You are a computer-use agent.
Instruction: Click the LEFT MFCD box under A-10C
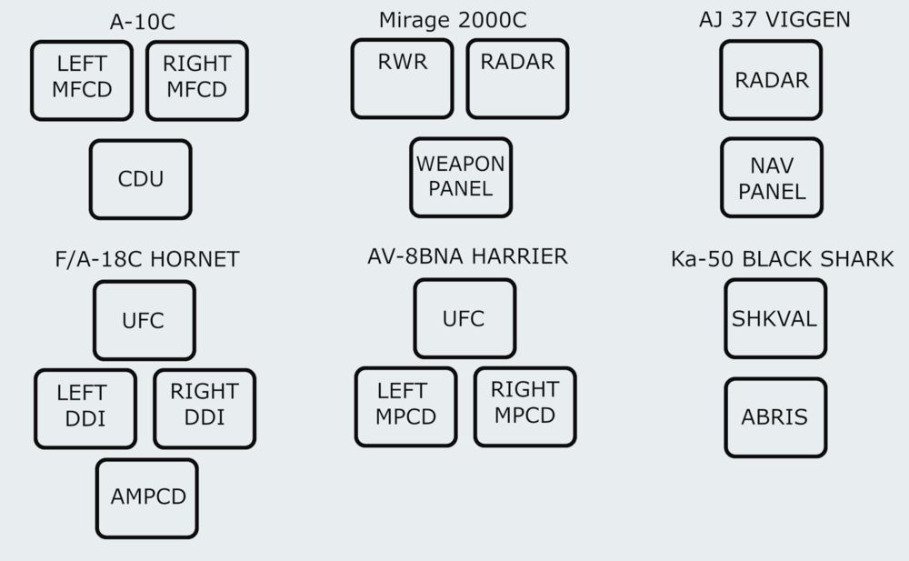[x=82, y=80]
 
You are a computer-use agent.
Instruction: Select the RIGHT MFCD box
[x=196, y=80]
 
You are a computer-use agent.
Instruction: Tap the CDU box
[x=141, y=179]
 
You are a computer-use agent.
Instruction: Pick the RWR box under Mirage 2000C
[x=402, y=78]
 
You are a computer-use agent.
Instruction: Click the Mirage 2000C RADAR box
[x=517, y=78]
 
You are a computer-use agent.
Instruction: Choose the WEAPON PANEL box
[x=460, y=177]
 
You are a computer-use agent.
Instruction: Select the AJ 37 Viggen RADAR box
[x=771, y=80]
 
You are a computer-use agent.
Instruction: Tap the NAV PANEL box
[x=771, y=178]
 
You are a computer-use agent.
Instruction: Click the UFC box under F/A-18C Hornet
[x=144, y=320]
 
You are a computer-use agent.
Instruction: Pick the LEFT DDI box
[x=85, y=408]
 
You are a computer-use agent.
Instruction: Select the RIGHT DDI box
[x=204, y=408]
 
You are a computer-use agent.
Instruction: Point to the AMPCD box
[x=147, y=498]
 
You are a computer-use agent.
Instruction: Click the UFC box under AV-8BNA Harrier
[x=464, y=318]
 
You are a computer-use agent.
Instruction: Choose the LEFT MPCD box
[x=405, y=406]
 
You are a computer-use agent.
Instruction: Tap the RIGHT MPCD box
[x=524, y=406]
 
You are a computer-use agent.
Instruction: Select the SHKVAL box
[x=775, y=319]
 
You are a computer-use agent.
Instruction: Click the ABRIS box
[x=775, y=417]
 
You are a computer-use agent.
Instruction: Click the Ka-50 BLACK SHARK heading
[x=783, y=259]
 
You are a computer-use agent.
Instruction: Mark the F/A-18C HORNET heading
[x=146, y=260]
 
